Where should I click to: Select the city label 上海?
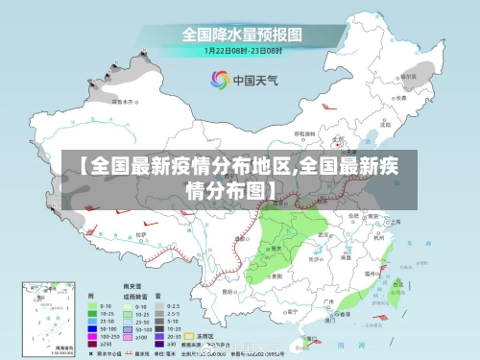click(396, 222)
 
